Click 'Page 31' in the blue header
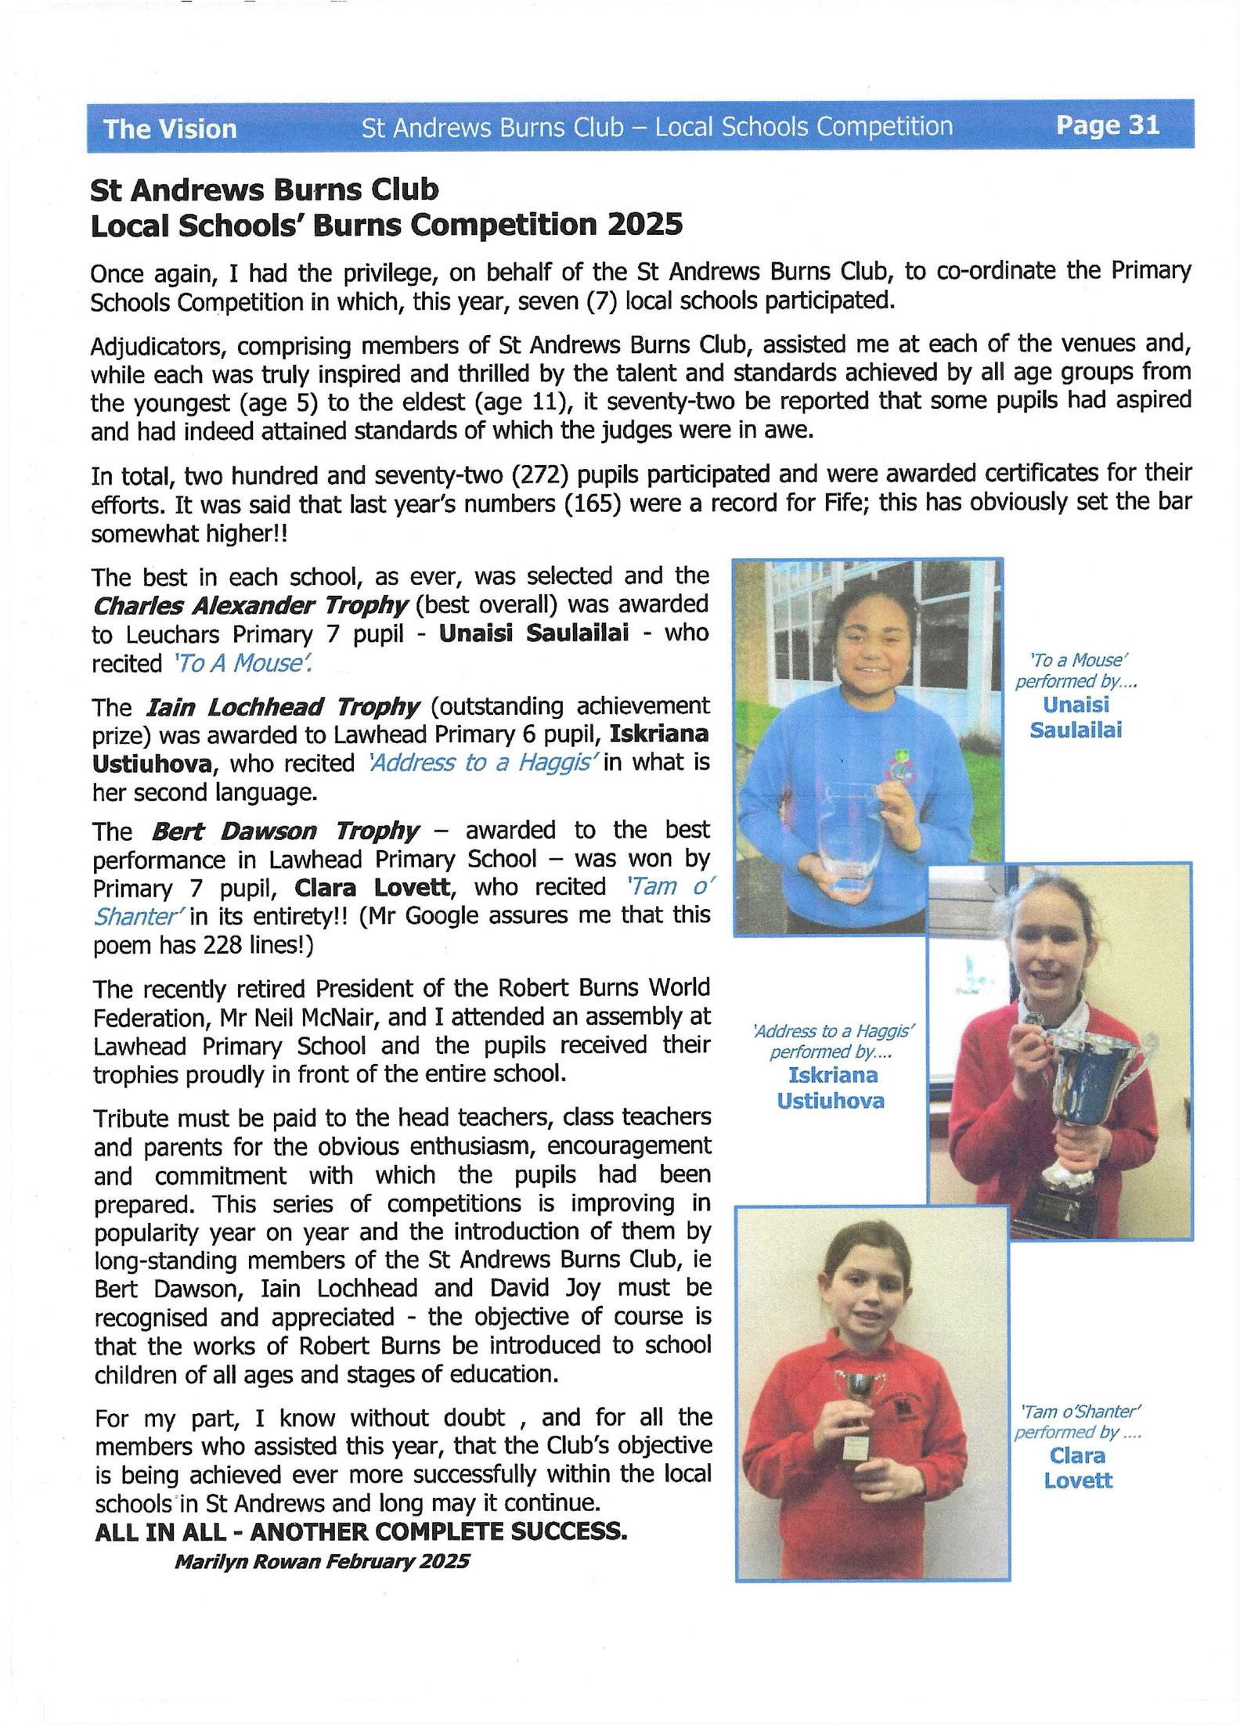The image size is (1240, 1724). coord(1107,126)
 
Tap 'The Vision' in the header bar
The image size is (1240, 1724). coord(170,129)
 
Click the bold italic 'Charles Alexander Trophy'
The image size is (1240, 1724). coord(251,605)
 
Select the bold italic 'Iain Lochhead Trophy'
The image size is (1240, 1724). coord(283,707)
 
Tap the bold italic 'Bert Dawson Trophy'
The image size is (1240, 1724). coord(285,831)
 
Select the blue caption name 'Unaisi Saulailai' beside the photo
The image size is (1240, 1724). coord(1076,717)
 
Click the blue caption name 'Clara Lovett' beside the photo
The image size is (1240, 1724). coord(1077,1468)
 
